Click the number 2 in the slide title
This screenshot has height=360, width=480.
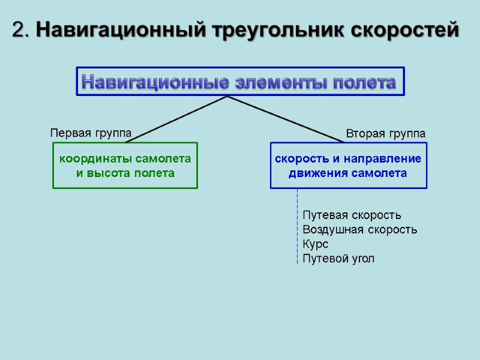[19, 29]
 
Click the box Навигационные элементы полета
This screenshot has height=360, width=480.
[240, 82]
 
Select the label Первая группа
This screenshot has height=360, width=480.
[90, 133]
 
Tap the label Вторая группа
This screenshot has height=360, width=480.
[386, 133]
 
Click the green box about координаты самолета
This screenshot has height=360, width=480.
[125, 166]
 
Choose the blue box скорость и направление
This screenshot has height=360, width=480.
[348, 166]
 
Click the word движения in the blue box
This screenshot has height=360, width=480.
[316, 173]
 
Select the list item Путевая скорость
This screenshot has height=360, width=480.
[352, 215]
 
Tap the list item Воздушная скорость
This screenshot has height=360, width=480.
[359, 229]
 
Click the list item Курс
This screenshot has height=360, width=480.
[316, 244]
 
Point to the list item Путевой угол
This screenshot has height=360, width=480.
[338, 259]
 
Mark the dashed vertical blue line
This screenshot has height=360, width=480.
[297, 228]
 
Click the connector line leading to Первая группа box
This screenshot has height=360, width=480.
[177, 119]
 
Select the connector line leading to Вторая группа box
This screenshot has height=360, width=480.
[285, 119]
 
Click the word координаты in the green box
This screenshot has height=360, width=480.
[95, 159]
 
